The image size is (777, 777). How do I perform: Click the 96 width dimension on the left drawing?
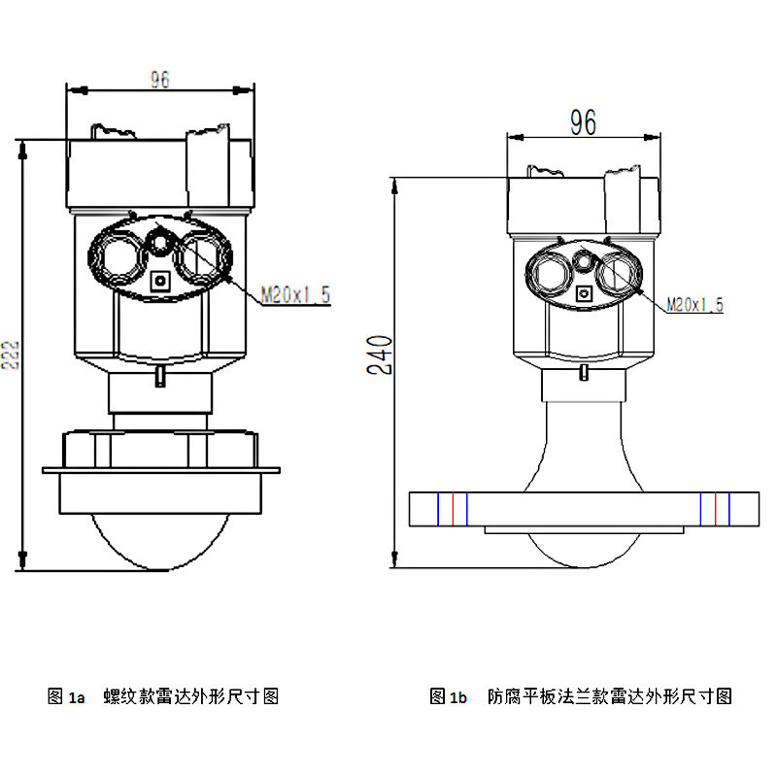click(x=160, y=81)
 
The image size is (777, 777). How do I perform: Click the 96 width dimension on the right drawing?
click(x=583, y=122)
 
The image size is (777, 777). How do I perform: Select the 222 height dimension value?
click(x=11, y=355)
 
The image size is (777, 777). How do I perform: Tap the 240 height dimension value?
click(x=382, y=355)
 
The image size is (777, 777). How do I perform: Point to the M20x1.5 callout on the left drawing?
click(x=296, y=294)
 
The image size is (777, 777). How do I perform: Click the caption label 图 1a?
click(x=66, y=696)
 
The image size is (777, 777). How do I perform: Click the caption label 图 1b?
click(x=449, y=696)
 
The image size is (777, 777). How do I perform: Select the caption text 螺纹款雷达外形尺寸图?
click(x=191, y=696)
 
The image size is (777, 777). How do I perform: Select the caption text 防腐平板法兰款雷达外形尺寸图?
click(x=609, y=696)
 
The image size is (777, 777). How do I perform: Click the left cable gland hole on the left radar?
click(x=118, y=256)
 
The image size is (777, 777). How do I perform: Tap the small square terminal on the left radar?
click(x=160, y=282)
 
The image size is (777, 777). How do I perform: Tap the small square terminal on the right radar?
click(x=584, y=293)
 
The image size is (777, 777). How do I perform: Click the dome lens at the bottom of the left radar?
click(x=160, y=539)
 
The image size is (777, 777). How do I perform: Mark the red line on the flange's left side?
click(x=452, y=509)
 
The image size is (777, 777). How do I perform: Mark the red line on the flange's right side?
click(x=716, y=509)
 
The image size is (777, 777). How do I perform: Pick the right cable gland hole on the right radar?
click(x=619, y=273)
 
